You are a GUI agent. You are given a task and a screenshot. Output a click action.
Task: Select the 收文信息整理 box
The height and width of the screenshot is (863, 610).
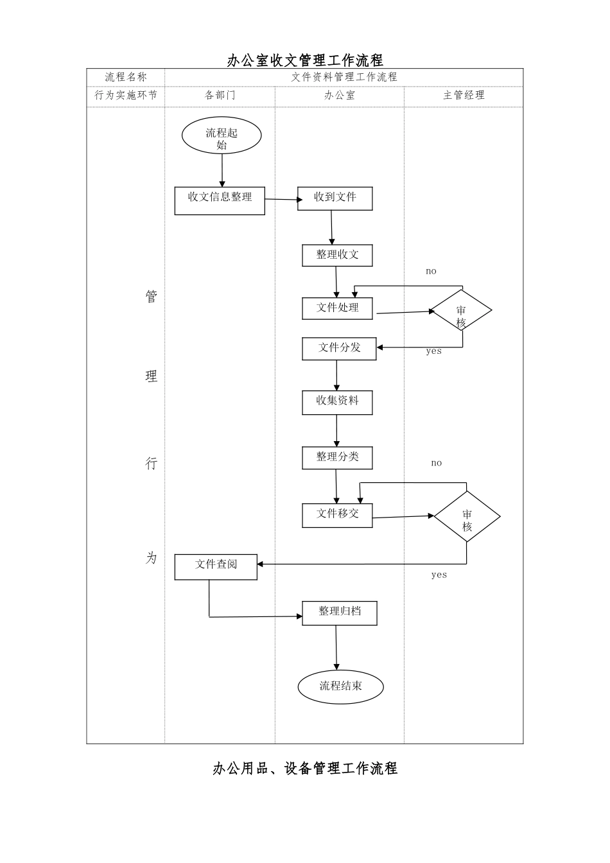click(220, 200)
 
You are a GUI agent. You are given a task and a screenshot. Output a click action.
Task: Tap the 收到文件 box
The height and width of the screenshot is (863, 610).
click(335, 198)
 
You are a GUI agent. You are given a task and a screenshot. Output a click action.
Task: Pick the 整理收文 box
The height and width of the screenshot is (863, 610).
click(337, 256)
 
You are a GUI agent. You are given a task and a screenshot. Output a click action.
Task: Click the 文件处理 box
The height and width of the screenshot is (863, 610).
click(337, 308)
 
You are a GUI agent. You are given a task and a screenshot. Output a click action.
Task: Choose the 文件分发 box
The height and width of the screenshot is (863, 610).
click(339, 349)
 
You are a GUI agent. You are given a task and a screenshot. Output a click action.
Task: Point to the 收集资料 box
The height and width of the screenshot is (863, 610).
click(337, 402)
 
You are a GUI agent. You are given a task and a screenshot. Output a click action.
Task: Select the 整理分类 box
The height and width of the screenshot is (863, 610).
click(337, 458)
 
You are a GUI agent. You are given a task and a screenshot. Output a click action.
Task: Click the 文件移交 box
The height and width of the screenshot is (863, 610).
click(337, 515)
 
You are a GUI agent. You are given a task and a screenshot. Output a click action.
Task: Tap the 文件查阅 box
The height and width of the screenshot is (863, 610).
click(216, 566)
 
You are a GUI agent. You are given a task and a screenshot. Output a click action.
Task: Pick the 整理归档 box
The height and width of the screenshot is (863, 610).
click(339, 613)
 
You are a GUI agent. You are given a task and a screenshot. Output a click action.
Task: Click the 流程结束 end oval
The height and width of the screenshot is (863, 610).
click(340, 686)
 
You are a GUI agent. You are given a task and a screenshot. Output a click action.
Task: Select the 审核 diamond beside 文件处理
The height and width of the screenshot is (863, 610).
click(461, 311)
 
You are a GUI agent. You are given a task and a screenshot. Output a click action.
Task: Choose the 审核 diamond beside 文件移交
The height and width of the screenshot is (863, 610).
click(467, 517)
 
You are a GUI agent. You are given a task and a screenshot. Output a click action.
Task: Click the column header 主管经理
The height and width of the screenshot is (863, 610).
click(464, 96)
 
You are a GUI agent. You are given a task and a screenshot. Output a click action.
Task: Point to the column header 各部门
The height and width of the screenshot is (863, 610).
click(220, 96)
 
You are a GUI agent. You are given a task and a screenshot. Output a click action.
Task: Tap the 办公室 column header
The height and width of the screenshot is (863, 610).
click(339, 96)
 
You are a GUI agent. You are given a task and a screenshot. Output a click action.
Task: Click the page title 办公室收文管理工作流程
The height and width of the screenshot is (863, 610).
click(305, 60)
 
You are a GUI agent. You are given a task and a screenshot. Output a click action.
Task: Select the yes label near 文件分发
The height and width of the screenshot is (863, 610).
click(434, 351)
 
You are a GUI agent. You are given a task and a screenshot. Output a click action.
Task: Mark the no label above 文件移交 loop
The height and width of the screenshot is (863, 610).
click(437, 463)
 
